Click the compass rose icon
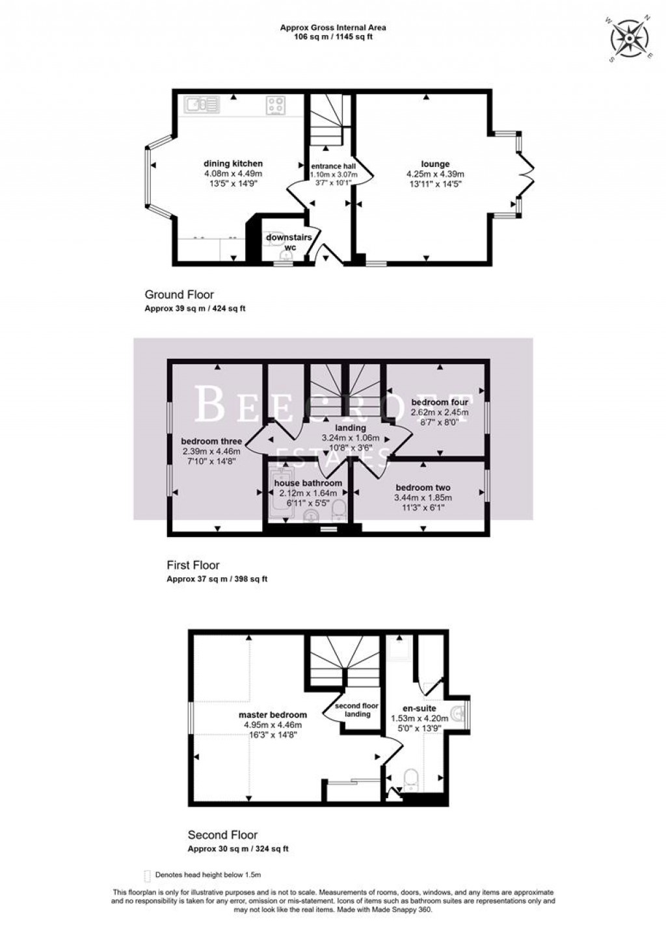630,39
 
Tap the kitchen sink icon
202,104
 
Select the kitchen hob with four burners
276,105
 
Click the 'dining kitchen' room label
233,163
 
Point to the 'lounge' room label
435,164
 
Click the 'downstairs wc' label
289,242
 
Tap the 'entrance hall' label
333,166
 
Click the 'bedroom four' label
440,402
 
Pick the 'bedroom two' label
423,488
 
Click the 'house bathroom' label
308,483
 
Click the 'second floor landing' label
357,710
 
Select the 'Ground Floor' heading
179,295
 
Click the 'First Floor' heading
193,565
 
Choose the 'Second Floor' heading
222,835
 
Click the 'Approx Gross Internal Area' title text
332,27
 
